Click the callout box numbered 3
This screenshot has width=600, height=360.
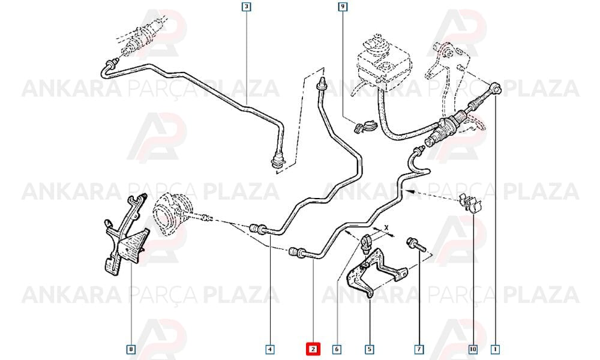click(247, 7)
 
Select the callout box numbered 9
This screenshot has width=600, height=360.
click(343, 7)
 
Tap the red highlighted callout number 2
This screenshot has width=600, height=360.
click(313, 349)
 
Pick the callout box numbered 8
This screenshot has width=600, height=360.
click(131, 349)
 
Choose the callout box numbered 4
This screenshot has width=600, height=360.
click(270, 349)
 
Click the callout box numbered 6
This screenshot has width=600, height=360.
click(337, 349)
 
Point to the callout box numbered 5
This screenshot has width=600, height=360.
click(369, 349)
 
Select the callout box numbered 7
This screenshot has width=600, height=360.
click(419, 349)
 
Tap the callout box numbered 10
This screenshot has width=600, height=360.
click(473, 349)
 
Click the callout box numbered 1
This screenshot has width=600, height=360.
click(496, 349)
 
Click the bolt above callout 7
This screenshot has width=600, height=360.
click(416, 244)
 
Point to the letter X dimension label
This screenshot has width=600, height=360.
click(386, 227)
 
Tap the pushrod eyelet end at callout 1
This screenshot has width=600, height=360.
click(496, 88)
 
